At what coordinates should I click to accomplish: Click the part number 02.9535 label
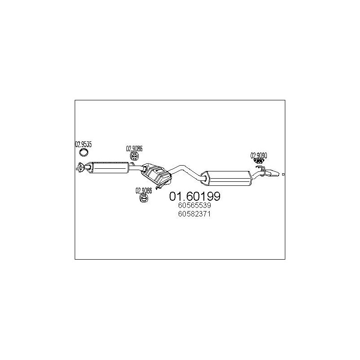click(x=83, y=144)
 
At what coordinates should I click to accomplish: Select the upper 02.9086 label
click(x=134, y=148)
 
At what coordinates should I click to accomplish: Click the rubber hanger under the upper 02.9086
click(x=135, y=157)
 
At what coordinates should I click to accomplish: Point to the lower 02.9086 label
click(x=144, y=190)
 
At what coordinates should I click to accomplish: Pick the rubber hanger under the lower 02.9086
click(x=144, y=198)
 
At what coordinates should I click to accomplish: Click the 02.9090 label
click(x=259, y=156)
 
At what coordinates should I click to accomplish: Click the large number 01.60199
click(x=194, y=196)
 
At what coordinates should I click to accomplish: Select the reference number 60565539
click(x=195, y=206)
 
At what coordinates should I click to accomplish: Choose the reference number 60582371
click(x=195, y=214)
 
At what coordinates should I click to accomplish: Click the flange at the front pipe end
click(x=81, y=168)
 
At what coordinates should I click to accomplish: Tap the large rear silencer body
click(x=227, y=177)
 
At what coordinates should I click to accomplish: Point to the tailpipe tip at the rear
click(x=273, y=172)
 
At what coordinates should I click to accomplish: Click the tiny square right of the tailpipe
click(x=283, y=174)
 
